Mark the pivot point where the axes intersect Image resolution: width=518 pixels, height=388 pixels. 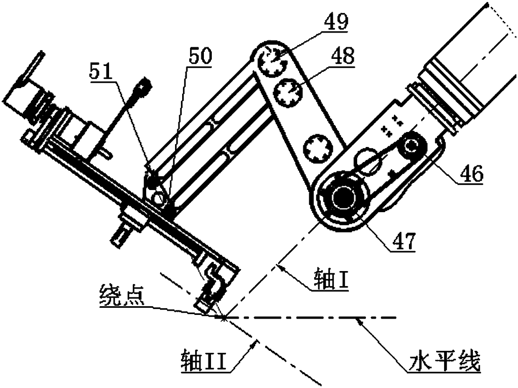click(x=224, y=317)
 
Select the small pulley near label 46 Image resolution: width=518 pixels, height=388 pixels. click(x=413, y=145)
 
